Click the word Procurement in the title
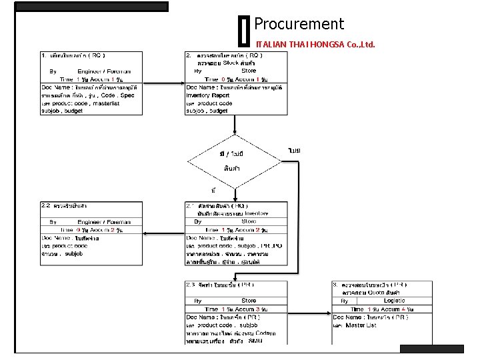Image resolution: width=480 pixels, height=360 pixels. click(x=299, y=25)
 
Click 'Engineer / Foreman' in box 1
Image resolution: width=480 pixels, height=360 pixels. click(x=104, y=71)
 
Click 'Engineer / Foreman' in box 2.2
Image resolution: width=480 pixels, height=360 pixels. click(x=104, y=222)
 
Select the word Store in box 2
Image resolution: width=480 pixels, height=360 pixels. click(x=249, y=71)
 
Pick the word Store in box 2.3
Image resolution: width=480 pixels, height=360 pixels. click(x=249, y=301)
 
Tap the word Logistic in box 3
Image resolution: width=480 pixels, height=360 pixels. click(x=394, y=301)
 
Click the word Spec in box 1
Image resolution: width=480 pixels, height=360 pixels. click(x=127, y=95)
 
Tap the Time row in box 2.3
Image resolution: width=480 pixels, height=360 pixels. click(x=236, y=309)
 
